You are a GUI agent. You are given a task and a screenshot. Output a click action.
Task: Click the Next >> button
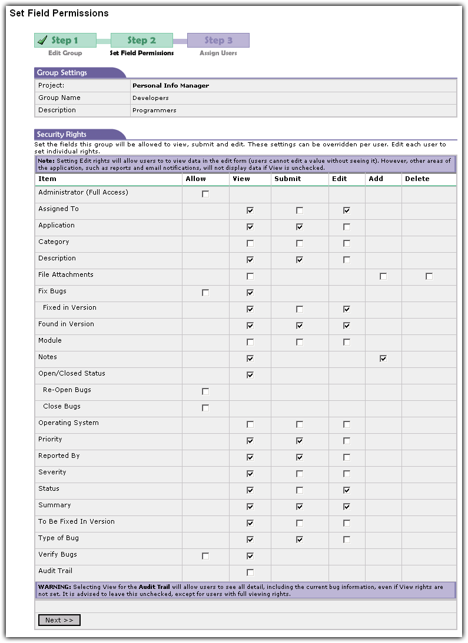point(59,620)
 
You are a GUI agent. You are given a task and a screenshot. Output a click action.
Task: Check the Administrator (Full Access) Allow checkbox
point(205,194)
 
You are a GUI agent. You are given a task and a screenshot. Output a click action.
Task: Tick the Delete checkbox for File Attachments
point(429,276)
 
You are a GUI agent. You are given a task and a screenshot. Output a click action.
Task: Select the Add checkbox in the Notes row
point(383,359)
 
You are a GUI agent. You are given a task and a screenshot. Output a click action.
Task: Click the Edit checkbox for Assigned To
point(347,210)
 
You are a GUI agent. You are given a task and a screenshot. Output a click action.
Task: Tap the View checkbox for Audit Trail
point(250,572)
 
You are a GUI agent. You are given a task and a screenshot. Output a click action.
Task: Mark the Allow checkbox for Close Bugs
point(205,408)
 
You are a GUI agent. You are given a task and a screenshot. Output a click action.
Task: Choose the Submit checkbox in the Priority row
point(300,441)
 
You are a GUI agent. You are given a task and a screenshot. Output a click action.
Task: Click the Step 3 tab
point(218,41)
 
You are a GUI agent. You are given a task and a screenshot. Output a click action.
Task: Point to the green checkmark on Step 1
point(42,40)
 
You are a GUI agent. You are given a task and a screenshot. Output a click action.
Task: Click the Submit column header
point(287,179)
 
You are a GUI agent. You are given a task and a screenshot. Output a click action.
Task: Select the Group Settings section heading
point(62,73)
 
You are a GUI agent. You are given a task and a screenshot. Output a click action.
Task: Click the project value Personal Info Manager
point(171,86)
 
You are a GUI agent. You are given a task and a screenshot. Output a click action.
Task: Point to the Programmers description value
point(154,110)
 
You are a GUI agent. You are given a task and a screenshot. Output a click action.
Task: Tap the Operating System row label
point(68,423)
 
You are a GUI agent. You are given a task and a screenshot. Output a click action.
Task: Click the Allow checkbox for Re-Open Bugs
point(205,391)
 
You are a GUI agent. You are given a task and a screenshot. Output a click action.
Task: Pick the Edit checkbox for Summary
point(347,507)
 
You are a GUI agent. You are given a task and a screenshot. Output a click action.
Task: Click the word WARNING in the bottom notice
point(54,587)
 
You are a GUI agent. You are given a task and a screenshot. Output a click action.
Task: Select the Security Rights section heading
point(62,135)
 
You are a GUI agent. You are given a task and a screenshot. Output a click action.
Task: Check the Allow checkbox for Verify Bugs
point(205,556)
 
